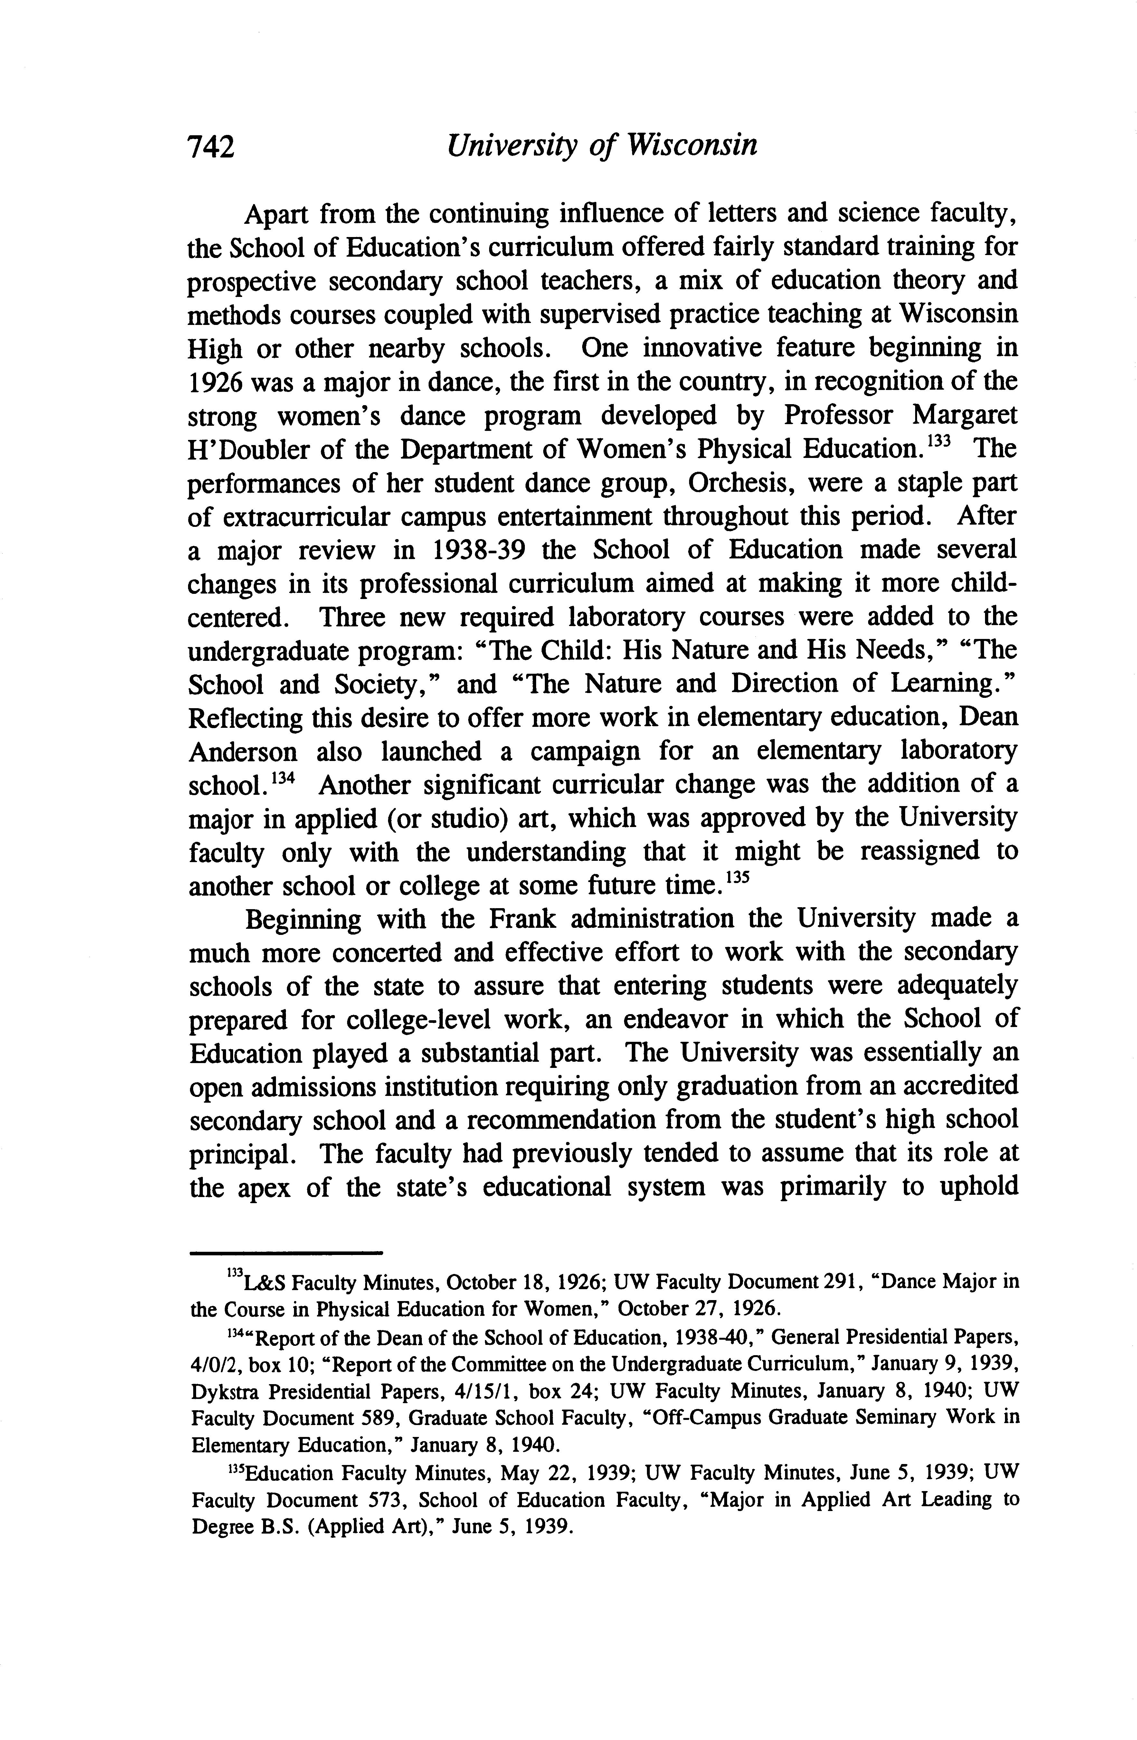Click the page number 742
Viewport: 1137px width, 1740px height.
[211, 147]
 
